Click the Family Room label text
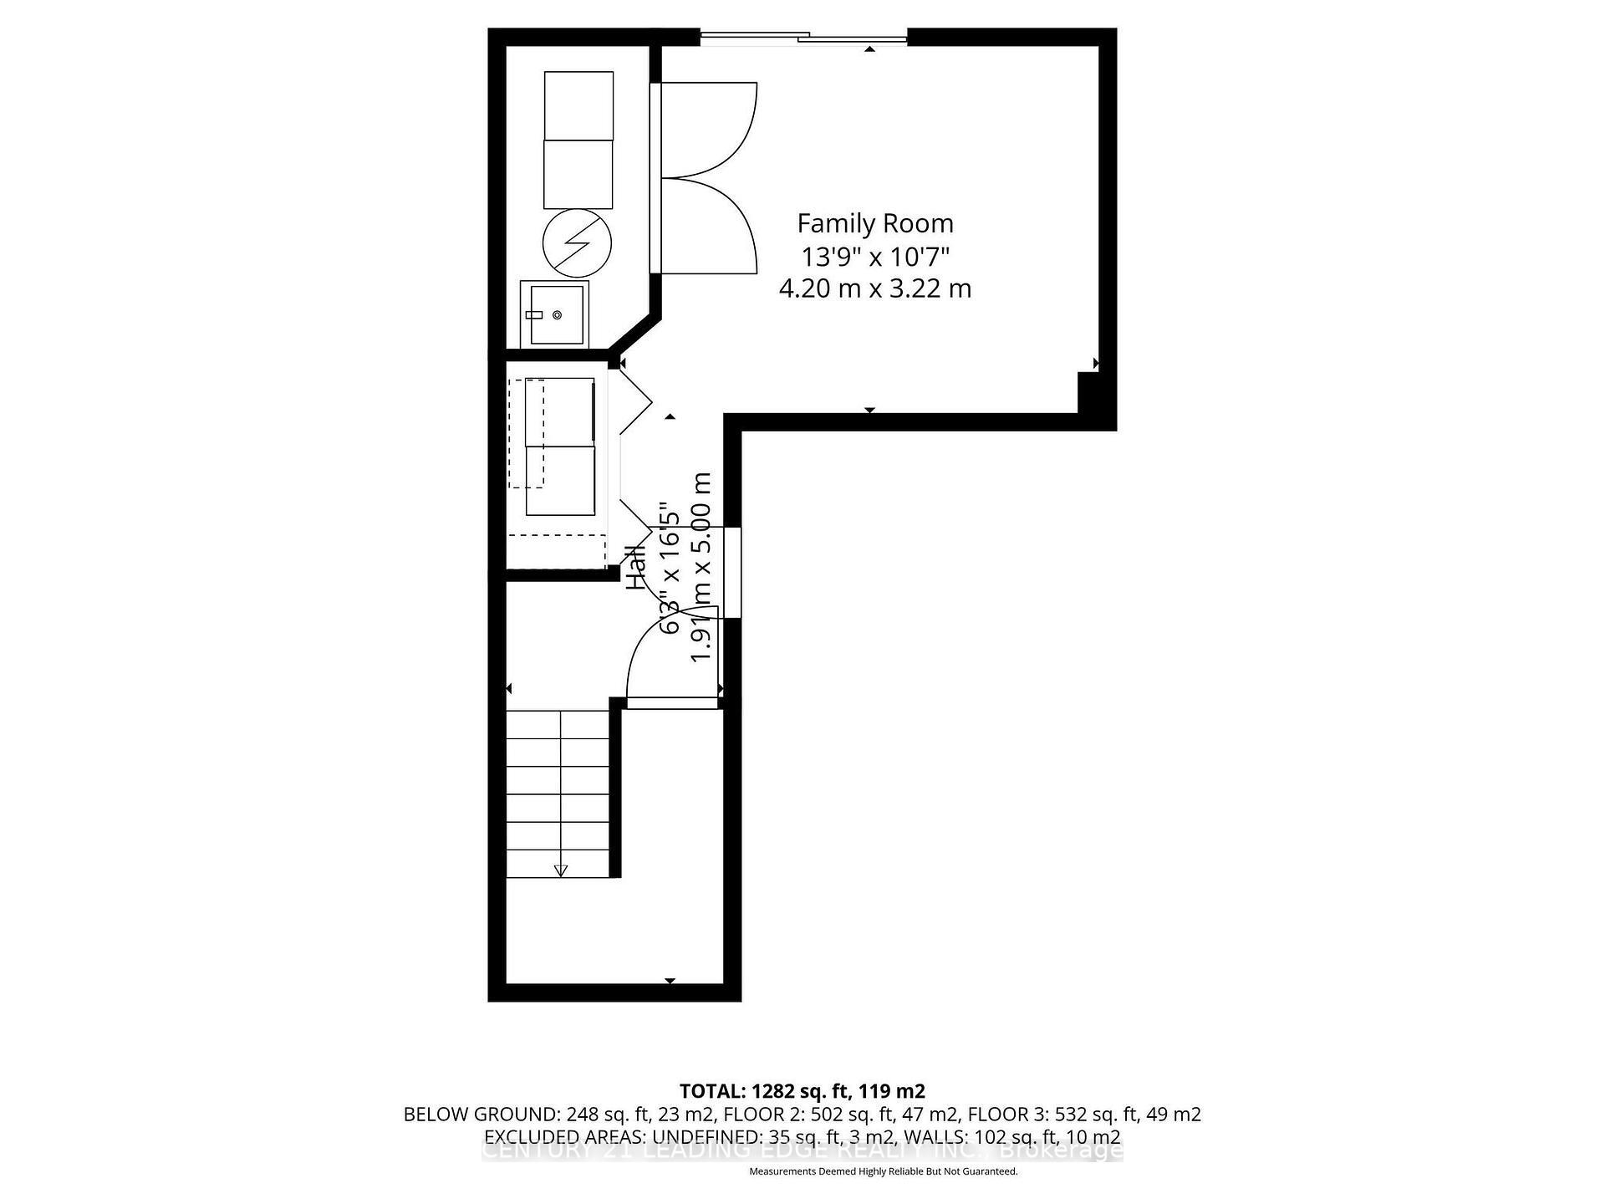pyautogui.click(x=874, y=223)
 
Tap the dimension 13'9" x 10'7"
pyautogui.click(x=874, y=256)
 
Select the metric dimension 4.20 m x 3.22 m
pyautogui.click(x=874, y=288)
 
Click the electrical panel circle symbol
pyautogui.click(x=577, y=243)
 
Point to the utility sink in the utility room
pyautogui.click(x=554, y=314)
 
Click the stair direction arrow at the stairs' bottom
pyautogui.click(x=561, y=870)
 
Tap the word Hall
pyautogui.click(x=637, y=568)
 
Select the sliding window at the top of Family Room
pyautogui.click(x=802, y=37)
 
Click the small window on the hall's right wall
pyautogui.click(x=732, y=573)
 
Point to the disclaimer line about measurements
pyautogui.click(x=883, y=1171)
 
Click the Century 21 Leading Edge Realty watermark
pyautogui.click(x=802, y=1151)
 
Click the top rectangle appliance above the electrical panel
pyautogui.click(x=578, y=105)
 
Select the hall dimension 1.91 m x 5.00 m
pyautogui.click(x=701, y=569)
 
